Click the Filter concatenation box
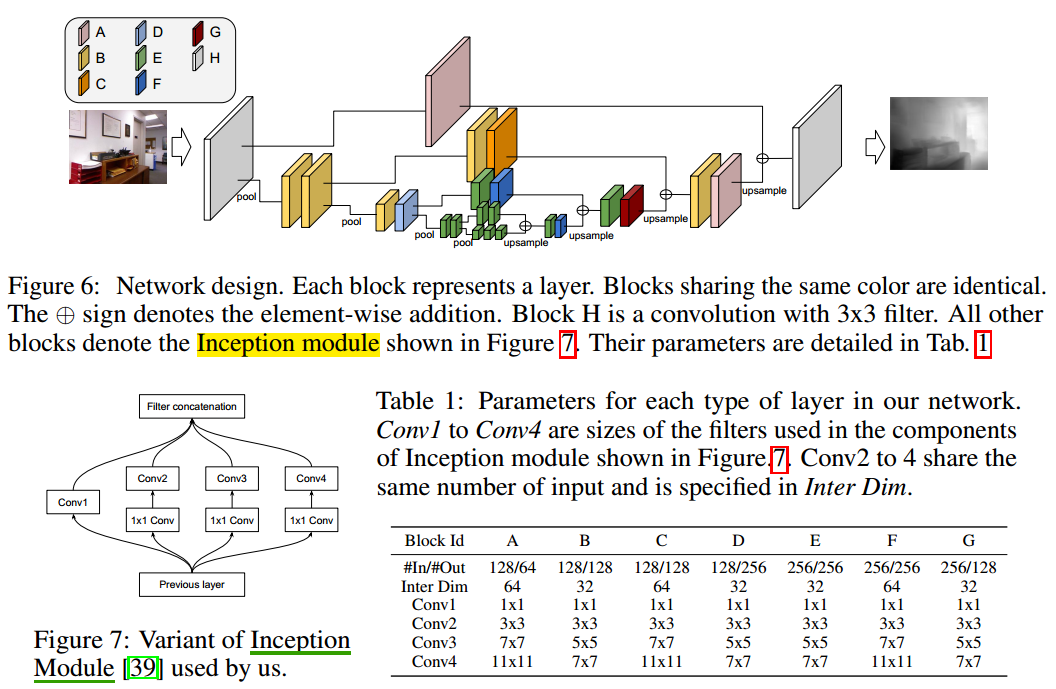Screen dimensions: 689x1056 pyautogui.click(x=191, y=406)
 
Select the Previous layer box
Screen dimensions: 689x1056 pyautogui.click(x=191, y=584)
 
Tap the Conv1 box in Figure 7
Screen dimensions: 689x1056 pyautogui.click(x=74, y=502)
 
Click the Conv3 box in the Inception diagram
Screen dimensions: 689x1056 pyautogui.click(x=231, y=479)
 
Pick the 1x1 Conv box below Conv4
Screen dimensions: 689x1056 pyautogui.click(x=311, y=520)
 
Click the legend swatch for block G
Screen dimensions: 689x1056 pyautogui.click(x=198, y=33)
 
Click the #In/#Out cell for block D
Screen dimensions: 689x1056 pyautogui.click(x=738, y=567)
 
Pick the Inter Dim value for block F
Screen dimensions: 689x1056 pyautogui.click(x=892, y=586)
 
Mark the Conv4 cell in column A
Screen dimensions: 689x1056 pyautogui.click(x=512, y=661)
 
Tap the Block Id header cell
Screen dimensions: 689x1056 pyautogui.click(x=434, y=541)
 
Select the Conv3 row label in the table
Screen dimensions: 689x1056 pyautogui.click(x=434, y=642)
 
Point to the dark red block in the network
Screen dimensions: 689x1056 pyautogui.click(x=631, y=205)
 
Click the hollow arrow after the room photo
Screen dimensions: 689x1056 pyautogui.click(x=181, y=147)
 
